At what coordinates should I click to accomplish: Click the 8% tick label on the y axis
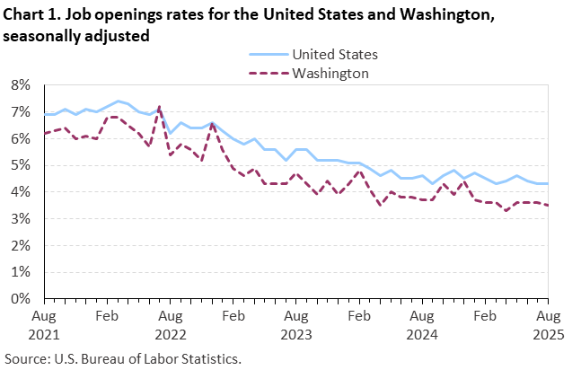20,85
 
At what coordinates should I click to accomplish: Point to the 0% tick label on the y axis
20,298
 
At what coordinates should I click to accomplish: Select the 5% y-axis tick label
20,165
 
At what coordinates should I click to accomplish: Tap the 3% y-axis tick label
20,218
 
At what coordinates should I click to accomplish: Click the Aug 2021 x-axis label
44,324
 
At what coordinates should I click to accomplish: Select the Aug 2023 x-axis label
295,324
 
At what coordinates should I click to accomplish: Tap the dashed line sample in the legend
266,73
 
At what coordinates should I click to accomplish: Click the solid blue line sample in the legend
266,55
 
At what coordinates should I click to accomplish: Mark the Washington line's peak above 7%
160,107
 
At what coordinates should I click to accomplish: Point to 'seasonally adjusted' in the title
75,35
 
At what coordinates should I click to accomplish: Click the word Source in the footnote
27,357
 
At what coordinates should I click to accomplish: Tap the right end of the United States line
547,183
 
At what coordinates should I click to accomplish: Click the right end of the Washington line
547,205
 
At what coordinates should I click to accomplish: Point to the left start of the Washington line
44,133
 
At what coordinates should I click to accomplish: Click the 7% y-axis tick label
20,112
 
